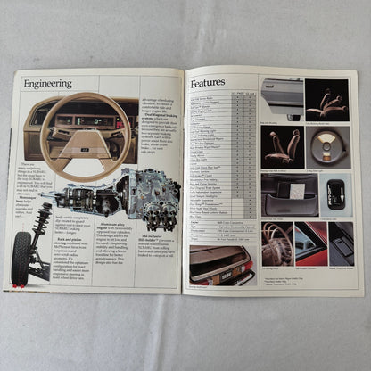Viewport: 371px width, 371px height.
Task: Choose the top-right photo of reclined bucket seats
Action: tap(326, 99)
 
